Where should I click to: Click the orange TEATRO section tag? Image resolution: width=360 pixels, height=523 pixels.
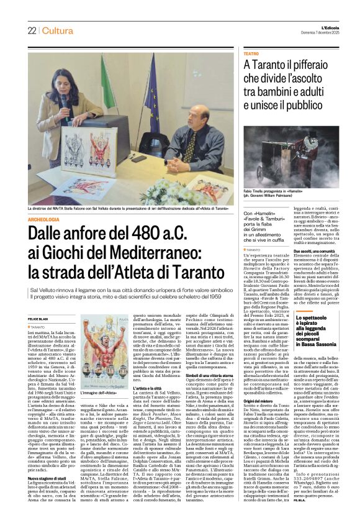[251, 55]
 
